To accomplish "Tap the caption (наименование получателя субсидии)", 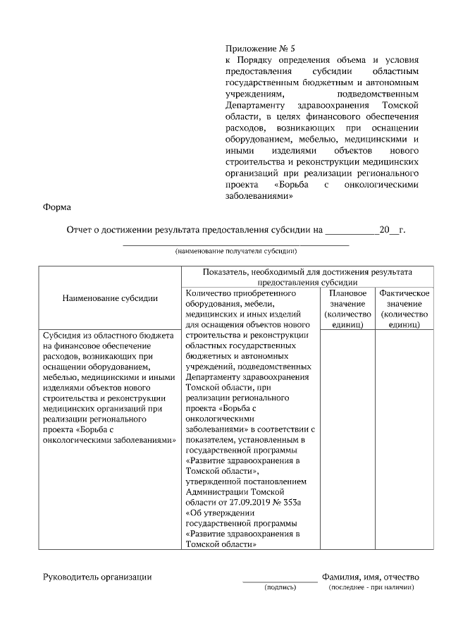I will click(x=236, y=251).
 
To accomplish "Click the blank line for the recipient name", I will click(x=236, y=244).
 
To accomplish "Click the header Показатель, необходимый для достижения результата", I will click(x=307, y=272).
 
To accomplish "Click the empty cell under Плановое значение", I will click(x=347, y=437).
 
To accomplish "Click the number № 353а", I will click(x=287, y=501).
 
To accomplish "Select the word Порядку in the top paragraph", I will click(x=257, y=61).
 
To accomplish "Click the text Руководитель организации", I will click(x=97, y=577).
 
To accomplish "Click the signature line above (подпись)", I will click(x=280, y=582).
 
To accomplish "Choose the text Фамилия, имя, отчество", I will click(x=371, y=577).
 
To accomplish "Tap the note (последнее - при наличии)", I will click(x=371, y=587).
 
